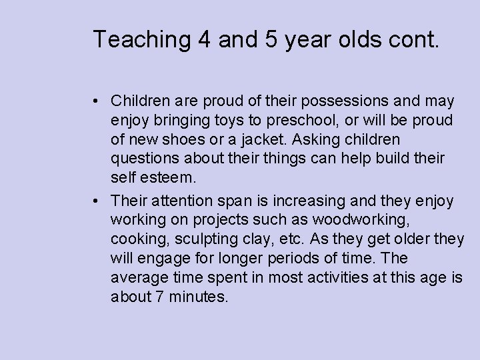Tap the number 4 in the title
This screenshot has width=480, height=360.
pos(205,39)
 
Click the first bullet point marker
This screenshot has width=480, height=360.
pos(97,101)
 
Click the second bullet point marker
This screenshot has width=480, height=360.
pos(97,200)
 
